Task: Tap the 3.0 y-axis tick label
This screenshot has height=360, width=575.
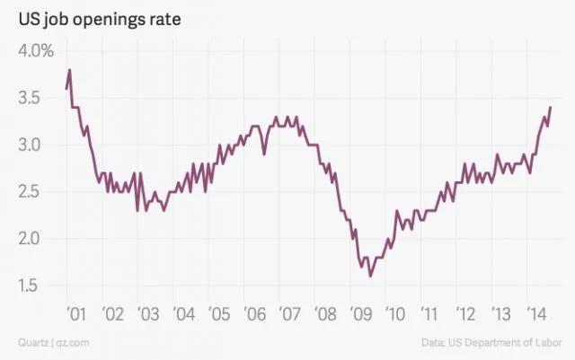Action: point(31,145)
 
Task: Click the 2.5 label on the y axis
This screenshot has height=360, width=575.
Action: point(31,191)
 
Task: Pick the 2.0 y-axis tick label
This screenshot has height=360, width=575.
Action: point(31,239)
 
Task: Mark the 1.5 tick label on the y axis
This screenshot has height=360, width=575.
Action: point(31,285)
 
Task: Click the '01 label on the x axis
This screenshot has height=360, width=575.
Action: point(76,314)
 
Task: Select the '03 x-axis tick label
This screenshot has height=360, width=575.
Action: point(147,314)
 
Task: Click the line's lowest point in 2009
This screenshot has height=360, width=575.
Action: point(370,276)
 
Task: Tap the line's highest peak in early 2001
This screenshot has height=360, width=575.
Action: point(69,70)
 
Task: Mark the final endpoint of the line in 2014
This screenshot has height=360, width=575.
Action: point(550,108)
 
